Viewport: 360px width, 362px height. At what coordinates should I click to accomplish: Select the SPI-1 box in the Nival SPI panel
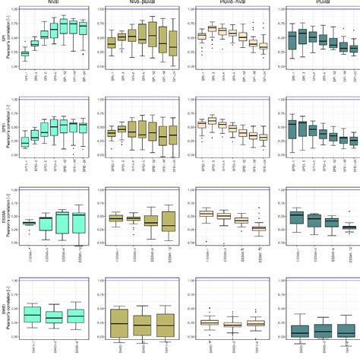(x=25, y=53)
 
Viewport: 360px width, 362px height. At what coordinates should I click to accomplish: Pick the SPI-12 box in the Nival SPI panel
(x=64, y=27)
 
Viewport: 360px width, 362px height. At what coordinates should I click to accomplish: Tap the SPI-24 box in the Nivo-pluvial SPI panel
(x=174, y=46)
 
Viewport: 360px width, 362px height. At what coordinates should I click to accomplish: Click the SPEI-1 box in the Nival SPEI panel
(x=25, y=142)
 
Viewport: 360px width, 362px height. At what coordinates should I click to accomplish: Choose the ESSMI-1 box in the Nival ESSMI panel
(x=29, y=223)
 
